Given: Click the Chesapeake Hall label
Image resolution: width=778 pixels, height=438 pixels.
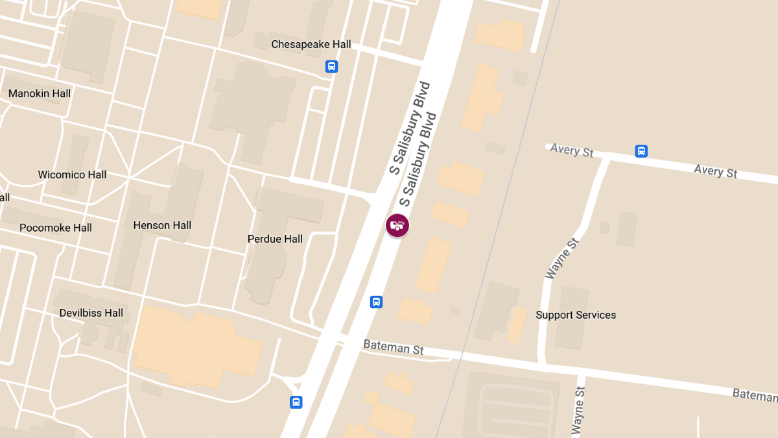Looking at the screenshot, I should click(311, 44).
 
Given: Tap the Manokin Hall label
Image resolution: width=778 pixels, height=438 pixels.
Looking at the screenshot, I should click(40, 93).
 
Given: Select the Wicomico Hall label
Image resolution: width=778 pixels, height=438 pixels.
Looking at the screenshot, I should click(72, 175).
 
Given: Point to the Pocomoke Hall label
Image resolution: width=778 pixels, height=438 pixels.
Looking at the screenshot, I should click(56, 228).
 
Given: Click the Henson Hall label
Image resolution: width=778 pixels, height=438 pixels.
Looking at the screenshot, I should click(162, 225).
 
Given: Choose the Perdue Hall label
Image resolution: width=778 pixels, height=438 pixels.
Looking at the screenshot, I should click(275, 239).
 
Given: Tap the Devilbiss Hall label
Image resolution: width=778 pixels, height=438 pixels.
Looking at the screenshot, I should click(91, 313).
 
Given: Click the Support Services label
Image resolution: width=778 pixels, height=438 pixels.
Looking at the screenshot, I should click(576, 315).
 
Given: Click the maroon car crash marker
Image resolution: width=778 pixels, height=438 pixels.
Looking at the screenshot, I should click(397, 225).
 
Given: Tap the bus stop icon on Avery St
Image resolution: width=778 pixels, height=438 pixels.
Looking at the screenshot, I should click(641, 151).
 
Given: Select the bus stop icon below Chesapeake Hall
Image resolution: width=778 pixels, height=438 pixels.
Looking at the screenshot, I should click(331, 66).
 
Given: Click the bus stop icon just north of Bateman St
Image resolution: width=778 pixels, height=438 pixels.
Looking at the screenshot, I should click(376, 302).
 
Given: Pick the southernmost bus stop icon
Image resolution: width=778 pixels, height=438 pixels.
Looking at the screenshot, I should click(296, 402).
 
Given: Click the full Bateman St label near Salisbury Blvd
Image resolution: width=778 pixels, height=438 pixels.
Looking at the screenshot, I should click(393, 347).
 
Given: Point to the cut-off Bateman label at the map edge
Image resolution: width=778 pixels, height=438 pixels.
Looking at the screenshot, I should click(755, 394).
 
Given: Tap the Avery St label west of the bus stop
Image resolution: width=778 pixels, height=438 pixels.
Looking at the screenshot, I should click(572, 151).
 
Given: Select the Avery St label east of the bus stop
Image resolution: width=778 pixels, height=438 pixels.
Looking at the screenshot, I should click(716, 171).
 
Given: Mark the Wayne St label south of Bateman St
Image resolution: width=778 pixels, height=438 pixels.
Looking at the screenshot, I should click(578, 410).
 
